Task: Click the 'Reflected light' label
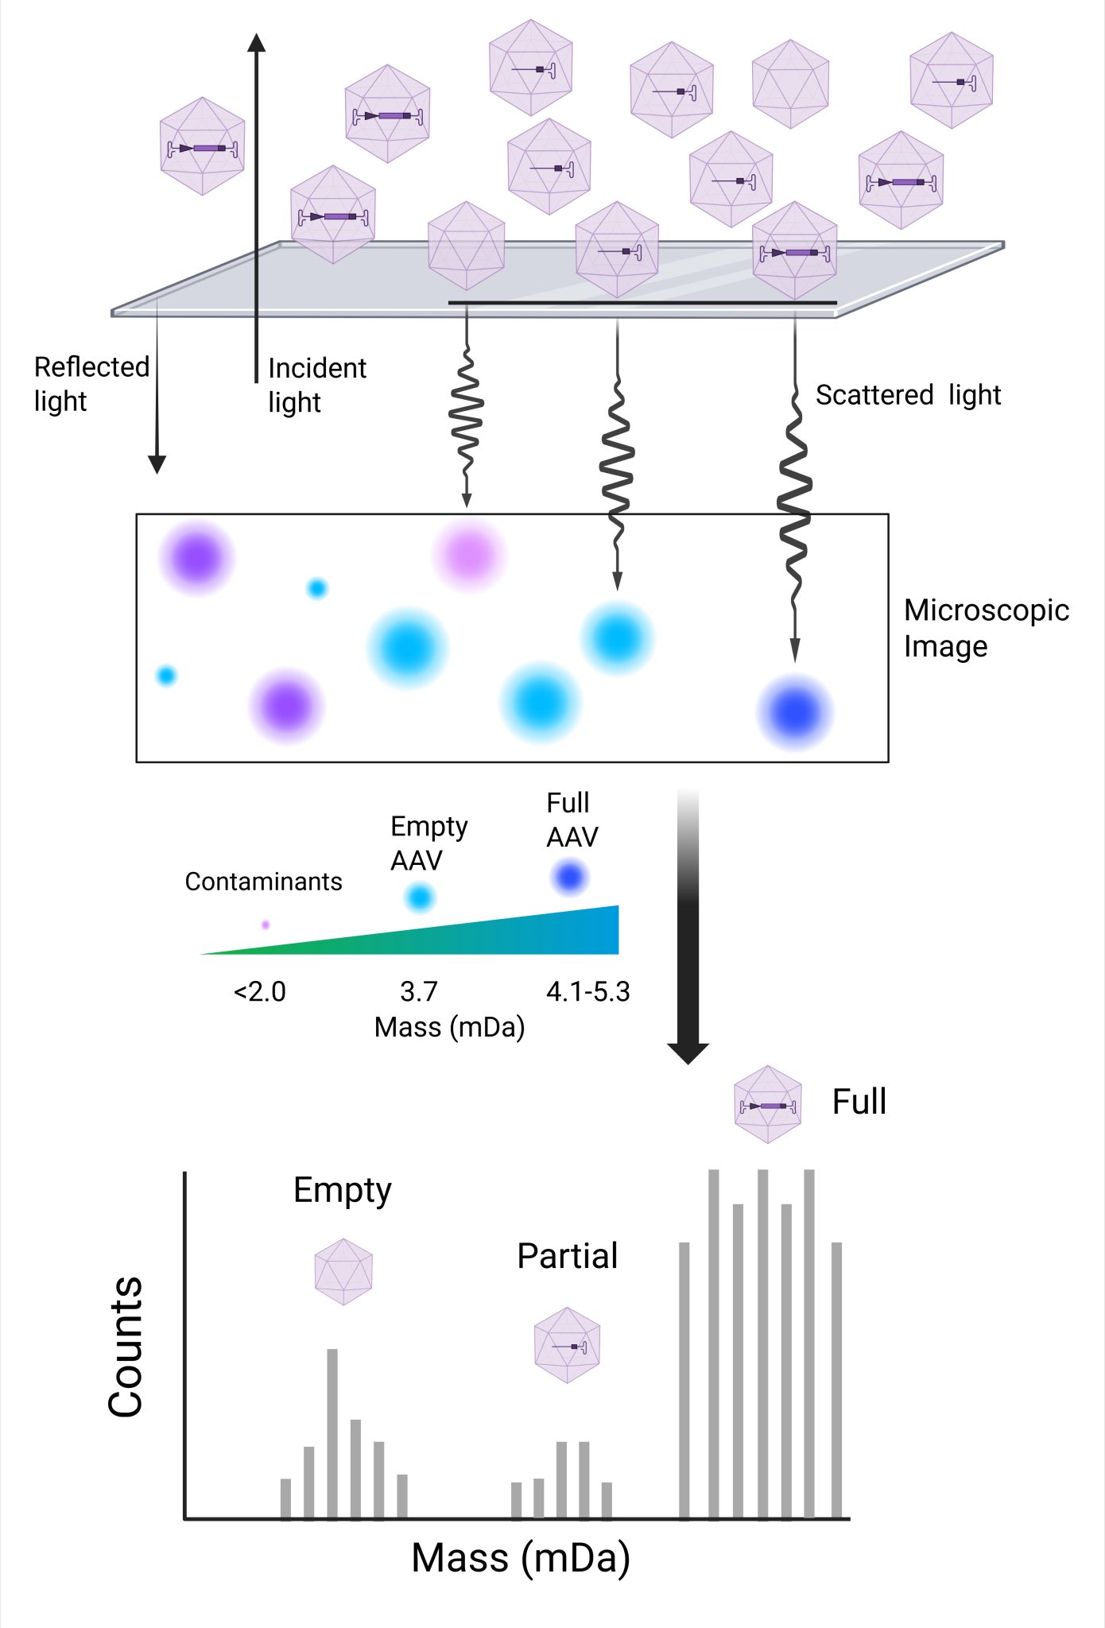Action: point(91,384)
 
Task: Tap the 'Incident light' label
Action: point(316,386)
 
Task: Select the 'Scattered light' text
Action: point(908,395)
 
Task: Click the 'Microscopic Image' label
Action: point(986,628)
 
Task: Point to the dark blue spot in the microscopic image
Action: point(794,711)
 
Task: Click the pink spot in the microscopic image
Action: point(469,553)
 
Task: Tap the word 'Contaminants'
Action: point(263,882)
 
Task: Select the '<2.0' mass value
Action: point(260,992)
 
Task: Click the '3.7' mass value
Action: point(419,992)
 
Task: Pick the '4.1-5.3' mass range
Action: point(587,992)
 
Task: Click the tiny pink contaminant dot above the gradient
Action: point(266,924)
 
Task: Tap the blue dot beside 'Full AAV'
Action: point(570,877)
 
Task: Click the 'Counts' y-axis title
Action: point(126,1347)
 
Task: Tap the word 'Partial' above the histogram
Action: point(567,1256)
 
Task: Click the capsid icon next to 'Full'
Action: point(767,1105)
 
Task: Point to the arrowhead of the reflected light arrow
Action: point(157,464)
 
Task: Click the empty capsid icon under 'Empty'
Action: point(343,1272)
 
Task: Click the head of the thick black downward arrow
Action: point(688,1052)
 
